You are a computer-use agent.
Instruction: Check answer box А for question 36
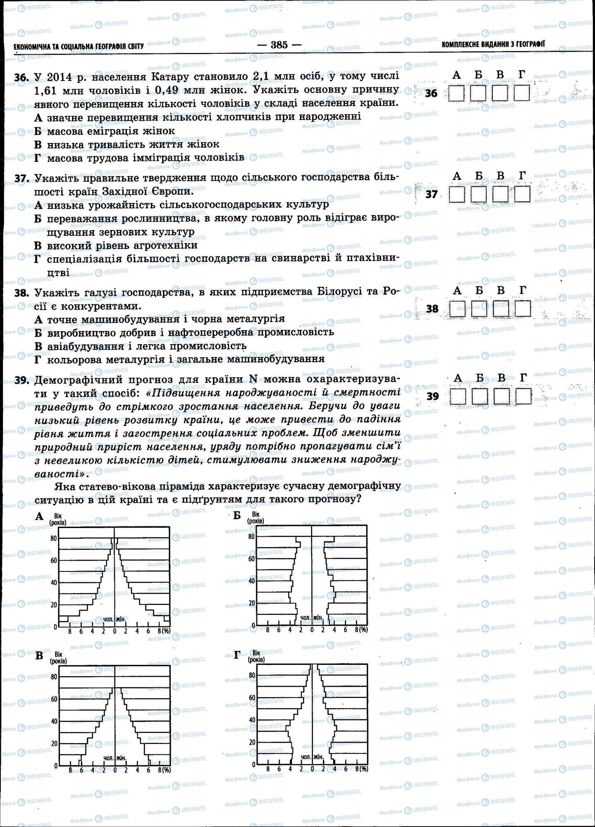pyautogui.click(x=457, y=93)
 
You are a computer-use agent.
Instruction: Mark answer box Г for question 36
pyautogui.click(x=522, y=93)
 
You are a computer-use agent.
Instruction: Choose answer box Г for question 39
pyautogui.click(x=523, y=397)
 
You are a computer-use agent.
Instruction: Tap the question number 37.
pyautogui.click(x=21, y=179)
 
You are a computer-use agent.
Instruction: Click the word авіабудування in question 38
pyautogui.click(x=81, y=346)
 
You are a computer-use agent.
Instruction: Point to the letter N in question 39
pyautogui.click(x=253, y=379)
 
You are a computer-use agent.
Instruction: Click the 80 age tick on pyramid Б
pyautogui.click(x=252, y=537)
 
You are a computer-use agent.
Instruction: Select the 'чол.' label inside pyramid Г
pyautogui.click(x=306, y=757)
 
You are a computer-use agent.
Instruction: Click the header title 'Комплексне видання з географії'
pyautogui.click(x=493, y=44)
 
